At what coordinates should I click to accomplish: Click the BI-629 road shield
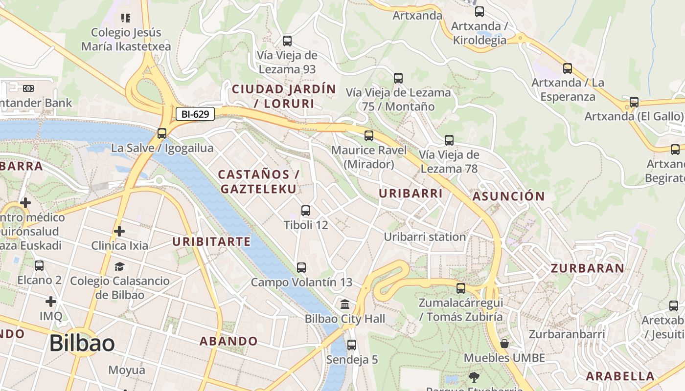click(195, 114)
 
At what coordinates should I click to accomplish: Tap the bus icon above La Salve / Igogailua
click(162, 133)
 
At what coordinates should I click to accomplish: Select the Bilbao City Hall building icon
click(345, 304)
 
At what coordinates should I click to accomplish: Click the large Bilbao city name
click(82, 344)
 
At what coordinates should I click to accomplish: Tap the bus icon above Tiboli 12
click(306, 211)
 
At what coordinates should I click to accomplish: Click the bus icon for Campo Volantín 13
click(301, 268)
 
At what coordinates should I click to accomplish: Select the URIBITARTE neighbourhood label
click(211, 241)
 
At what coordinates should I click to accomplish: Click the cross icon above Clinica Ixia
click(119, 231)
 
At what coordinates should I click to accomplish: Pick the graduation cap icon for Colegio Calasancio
click(119, 266)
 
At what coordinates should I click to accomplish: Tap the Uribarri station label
click(425, 237)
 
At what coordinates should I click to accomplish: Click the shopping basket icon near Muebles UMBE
click(504, 344)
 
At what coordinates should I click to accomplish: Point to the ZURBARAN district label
click(588, 268)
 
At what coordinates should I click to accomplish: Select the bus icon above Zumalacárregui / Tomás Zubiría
click(461, 288)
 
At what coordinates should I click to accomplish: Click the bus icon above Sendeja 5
click(352, 345)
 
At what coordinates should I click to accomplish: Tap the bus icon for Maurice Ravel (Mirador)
click(369, 135)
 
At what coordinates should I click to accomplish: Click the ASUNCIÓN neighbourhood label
click(508, 196)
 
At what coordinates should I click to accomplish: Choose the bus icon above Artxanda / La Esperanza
click(568, 68)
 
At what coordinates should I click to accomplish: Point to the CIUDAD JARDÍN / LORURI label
click(284, 96)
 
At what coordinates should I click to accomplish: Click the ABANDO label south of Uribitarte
click(228, 341)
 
